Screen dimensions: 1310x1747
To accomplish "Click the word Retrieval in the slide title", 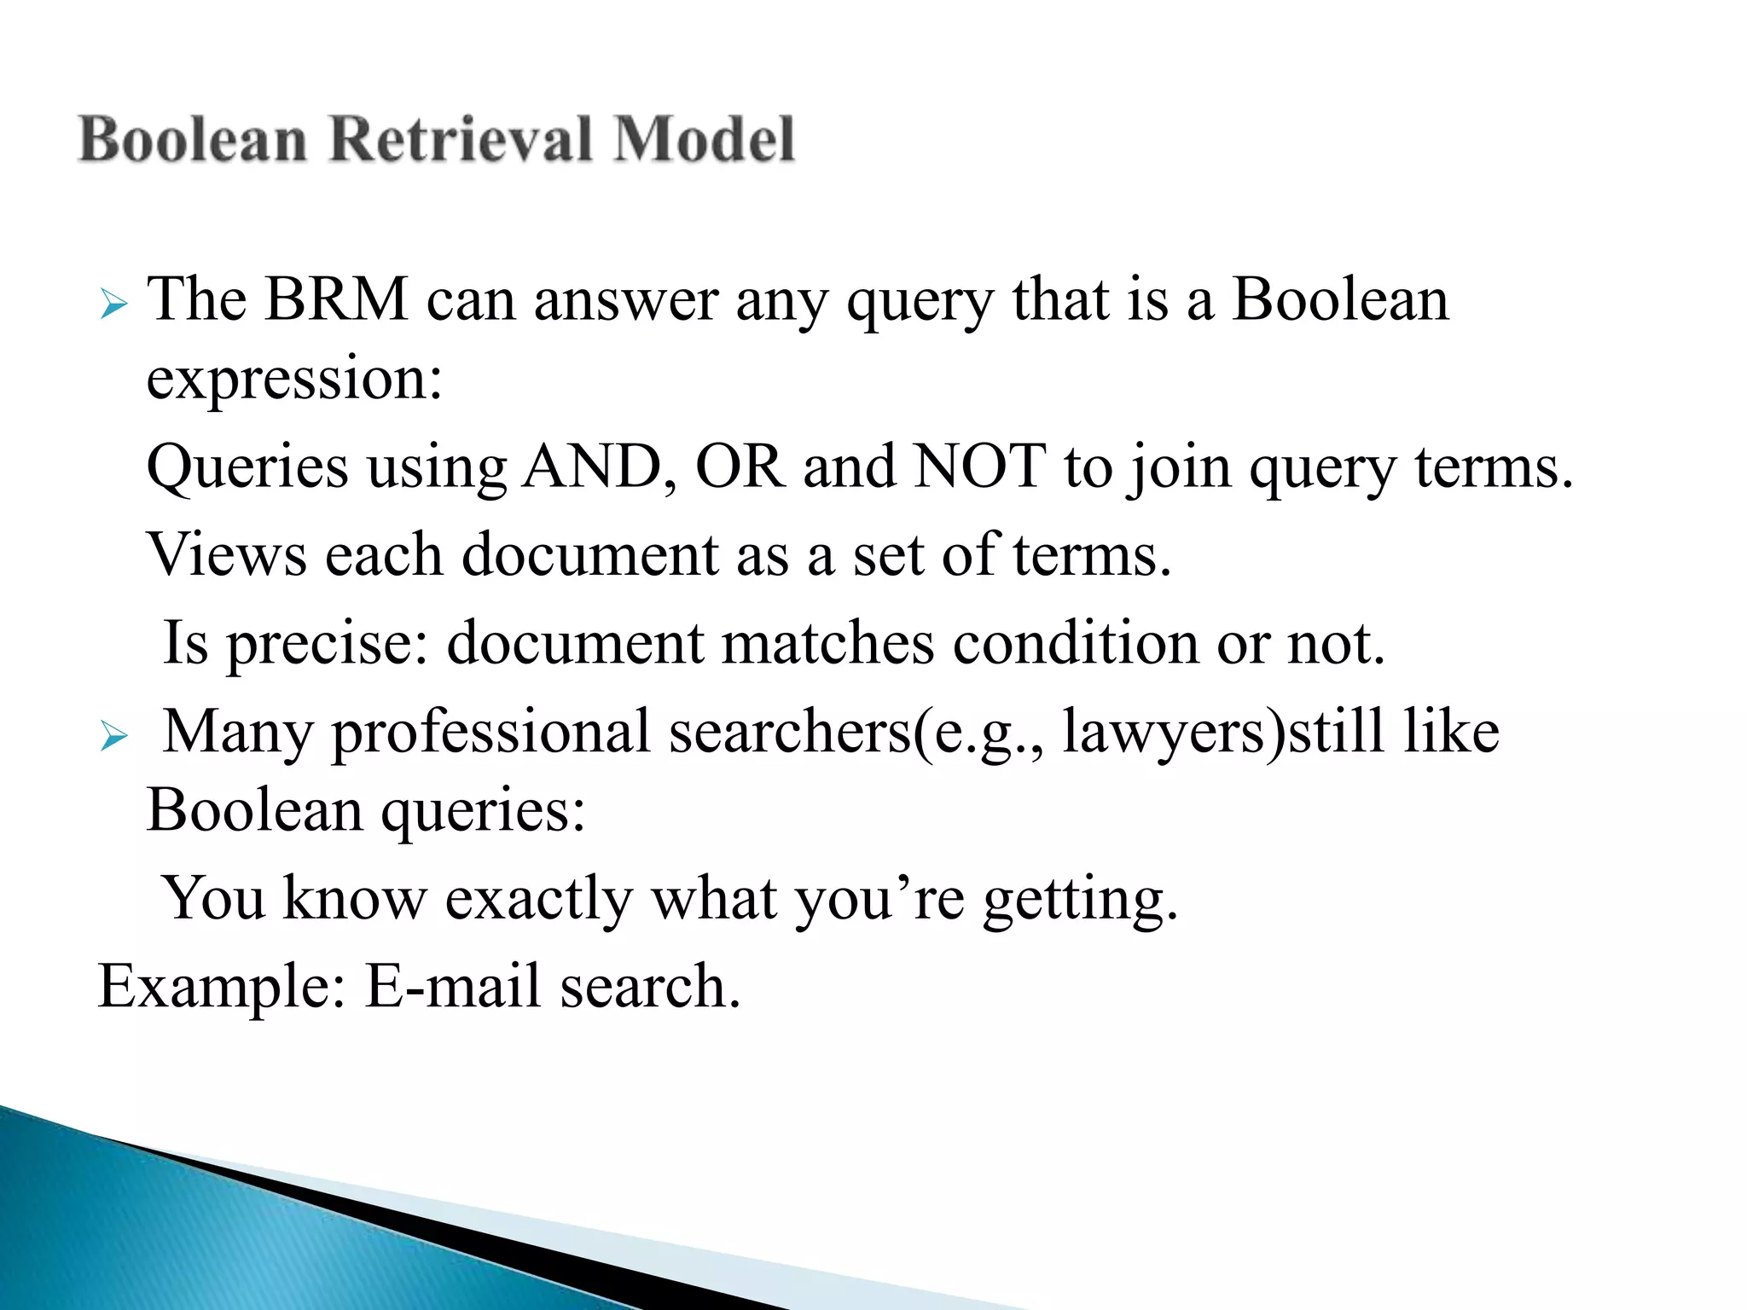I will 461,139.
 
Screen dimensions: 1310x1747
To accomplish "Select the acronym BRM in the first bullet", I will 335,300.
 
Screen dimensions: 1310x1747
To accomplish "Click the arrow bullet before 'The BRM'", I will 113,304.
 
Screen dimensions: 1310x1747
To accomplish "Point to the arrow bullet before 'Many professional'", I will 113,734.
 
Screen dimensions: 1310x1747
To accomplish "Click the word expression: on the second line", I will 294,380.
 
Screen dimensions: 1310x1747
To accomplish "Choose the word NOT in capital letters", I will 980,467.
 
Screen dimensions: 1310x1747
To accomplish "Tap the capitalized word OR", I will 740,467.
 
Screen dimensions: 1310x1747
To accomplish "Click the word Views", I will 227,555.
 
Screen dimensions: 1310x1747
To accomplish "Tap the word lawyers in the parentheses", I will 1165,733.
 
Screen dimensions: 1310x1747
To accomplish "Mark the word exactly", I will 538,900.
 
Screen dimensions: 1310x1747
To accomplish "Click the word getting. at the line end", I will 1080,900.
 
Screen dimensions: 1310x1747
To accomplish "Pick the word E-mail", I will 453,986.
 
